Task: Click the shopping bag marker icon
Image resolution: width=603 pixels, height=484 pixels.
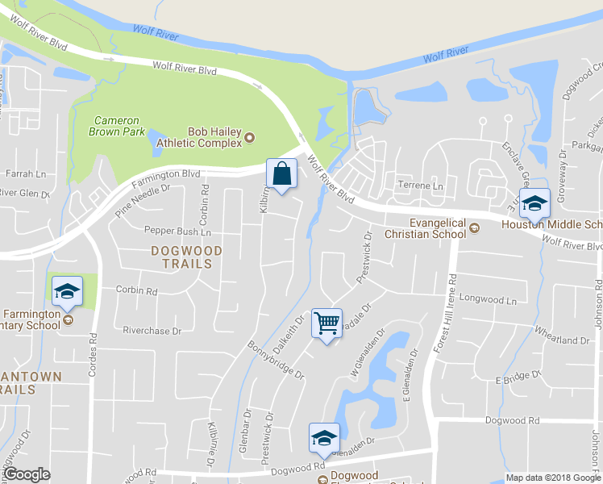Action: pos(281,174)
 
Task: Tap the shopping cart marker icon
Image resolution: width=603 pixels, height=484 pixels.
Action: pos(326,323)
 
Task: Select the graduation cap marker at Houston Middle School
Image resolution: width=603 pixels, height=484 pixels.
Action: pos(534,203)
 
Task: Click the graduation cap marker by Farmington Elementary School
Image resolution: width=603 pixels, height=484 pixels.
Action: pos(68,291)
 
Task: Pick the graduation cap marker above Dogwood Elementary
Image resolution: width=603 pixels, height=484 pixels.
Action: pos(324,438)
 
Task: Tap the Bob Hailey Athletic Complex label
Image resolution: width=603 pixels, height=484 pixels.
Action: pos(214,137)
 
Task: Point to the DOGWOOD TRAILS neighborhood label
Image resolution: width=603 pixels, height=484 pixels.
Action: pos(181,257)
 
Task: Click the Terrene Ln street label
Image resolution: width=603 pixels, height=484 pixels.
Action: pos(421,186)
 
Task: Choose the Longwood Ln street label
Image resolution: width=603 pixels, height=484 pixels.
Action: pos(487,298)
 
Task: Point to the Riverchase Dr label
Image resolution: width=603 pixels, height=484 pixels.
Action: pos(152,331)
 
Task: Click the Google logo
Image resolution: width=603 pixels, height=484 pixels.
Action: pos(27,474)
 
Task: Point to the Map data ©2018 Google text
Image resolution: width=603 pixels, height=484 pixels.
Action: pos(553,478)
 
